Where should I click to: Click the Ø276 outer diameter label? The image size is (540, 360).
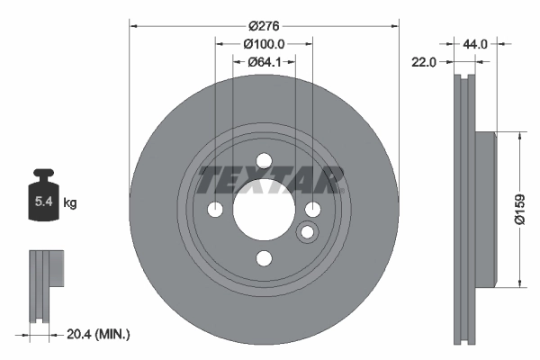point(264,27)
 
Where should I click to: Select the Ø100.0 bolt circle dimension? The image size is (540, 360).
point(264,43)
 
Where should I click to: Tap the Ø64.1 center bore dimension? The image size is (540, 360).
point(264,61)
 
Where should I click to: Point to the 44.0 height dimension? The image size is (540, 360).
point(475,43)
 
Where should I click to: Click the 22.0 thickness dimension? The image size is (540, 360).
point(424,62)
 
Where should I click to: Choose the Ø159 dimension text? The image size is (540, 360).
point(520,208)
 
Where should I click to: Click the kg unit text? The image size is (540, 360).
point(69,204)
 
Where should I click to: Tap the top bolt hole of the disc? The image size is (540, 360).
point(264,161)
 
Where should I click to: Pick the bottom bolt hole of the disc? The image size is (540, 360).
point(264,259)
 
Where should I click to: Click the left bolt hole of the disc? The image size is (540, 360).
point(215,210)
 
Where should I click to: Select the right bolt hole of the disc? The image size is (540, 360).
point(312,210)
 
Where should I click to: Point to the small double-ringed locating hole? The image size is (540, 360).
point(307,233)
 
